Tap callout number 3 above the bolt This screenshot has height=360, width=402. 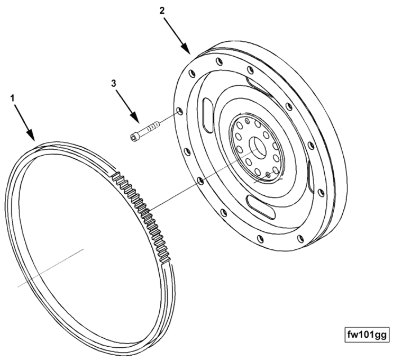click(114, 83)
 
